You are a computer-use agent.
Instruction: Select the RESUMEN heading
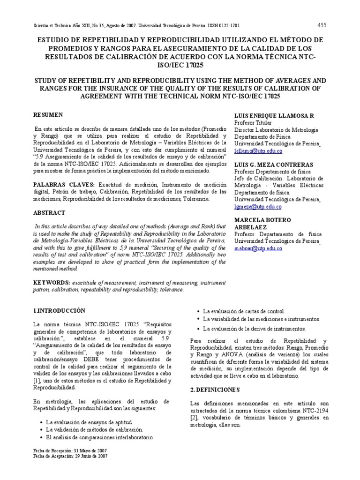(49, 114)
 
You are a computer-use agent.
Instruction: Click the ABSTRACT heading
(49, 212)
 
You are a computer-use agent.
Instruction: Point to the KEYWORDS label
(51, 283)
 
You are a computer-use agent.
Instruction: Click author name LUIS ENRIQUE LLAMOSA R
(274, 115)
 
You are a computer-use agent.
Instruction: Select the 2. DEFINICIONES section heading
(216, 390)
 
